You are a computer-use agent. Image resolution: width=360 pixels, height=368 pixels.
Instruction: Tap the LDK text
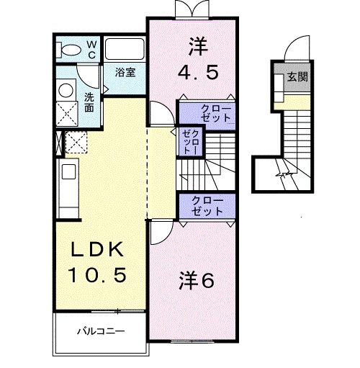point(99,250)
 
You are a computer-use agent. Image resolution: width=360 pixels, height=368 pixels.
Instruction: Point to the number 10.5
point(99,274)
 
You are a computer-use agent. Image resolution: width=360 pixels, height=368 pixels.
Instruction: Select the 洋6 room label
point(197,281)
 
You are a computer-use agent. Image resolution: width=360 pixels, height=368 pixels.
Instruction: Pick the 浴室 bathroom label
point(127,71)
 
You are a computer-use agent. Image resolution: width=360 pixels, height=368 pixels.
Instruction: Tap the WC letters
point(92,48)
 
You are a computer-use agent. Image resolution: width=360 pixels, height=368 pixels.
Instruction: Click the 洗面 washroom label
point(89,102)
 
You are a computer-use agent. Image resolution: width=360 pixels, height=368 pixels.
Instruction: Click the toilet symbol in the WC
point(71,50)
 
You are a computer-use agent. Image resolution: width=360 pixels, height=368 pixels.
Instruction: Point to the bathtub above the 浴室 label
point(125,50)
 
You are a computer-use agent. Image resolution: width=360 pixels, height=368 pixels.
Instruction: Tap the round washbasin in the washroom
point(66,91)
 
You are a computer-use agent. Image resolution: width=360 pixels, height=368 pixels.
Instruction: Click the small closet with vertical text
point(189,142)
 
